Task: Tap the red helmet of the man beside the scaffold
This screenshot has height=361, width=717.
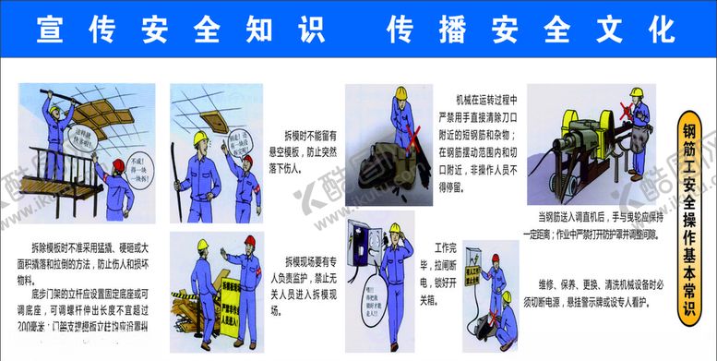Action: [x=117, y=166]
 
